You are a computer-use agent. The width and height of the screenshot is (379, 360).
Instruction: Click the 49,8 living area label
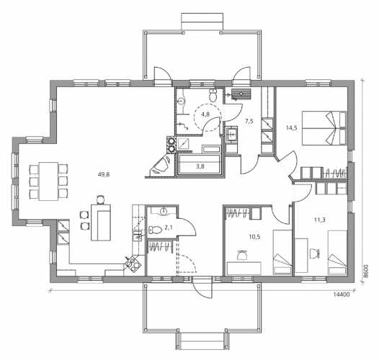click(104, 174)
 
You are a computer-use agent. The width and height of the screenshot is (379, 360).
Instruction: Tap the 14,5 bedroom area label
click(292, 128)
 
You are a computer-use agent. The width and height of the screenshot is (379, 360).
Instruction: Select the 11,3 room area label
click(319, 220)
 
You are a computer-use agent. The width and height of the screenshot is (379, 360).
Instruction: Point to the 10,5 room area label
click(254, 237)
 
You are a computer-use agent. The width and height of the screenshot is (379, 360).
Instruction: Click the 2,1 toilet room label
click(168, 227)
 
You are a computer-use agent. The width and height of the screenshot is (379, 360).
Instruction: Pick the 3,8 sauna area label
click(200, 166)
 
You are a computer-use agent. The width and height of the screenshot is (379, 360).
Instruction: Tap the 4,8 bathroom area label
click(205, 114)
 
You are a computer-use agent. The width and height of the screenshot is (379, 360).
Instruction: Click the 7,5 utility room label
click(249, 121)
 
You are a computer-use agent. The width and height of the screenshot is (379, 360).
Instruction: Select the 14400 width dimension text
click(342, 294)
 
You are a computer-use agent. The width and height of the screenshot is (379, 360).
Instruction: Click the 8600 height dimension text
click(367, 271)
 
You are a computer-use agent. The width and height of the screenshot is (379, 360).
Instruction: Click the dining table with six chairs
click(48, 181)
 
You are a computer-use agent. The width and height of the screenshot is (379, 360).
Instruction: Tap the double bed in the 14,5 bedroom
click(324, 128)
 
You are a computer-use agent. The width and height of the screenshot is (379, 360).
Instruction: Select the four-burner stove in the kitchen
click(133, 264)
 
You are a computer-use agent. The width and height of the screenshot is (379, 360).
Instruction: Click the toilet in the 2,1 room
click(155, 230)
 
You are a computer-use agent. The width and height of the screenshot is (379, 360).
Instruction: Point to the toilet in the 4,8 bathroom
click(213, 95)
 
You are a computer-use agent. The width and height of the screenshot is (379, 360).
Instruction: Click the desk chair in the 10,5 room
click(242, 254)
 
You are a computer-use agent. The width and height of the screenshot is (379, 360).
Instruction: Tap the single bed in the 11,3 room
click(337, 253)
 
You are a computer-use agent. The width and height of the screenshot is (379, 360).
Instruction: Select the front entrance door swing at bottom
click(202, 288)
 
